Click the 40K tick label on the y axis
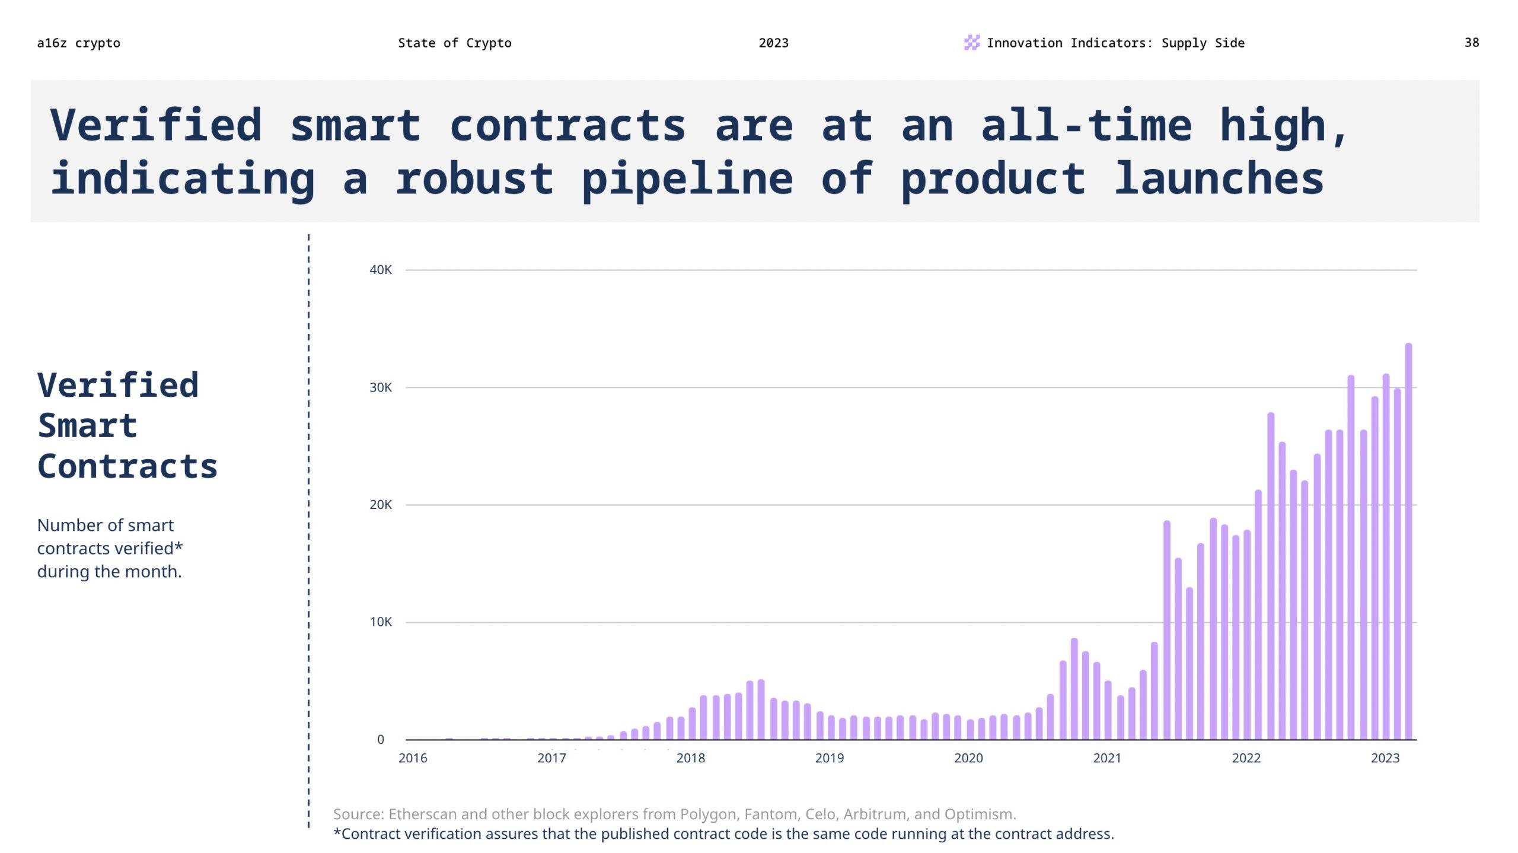click(x=380, y=270)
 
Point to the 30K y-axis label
click(x=380, y=387)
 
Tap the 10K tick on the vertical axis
click(x=380, y=622)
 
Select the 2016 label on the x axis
click(x=412, y=757)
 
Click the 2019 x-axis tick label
click(x=829, y=757)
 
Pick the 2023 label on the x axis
click(x=1385, y=757)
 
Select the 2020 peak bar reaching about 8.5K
click(x=1074, y=688)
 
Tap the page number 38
click(x=1471, y=43)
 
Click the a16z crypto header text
click(x=78, y=43)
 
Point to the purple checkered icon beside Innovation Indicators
click(x=971, y=42)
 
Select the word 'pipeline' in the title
click(x=687, y=179)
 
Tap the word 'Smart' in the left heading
click(x=87, y=426)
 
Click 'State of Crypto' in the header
click(x=454, y=43)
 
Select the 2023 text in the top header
click(x=773, y=43)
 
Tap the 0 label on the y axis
click(x=380, y=739)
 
